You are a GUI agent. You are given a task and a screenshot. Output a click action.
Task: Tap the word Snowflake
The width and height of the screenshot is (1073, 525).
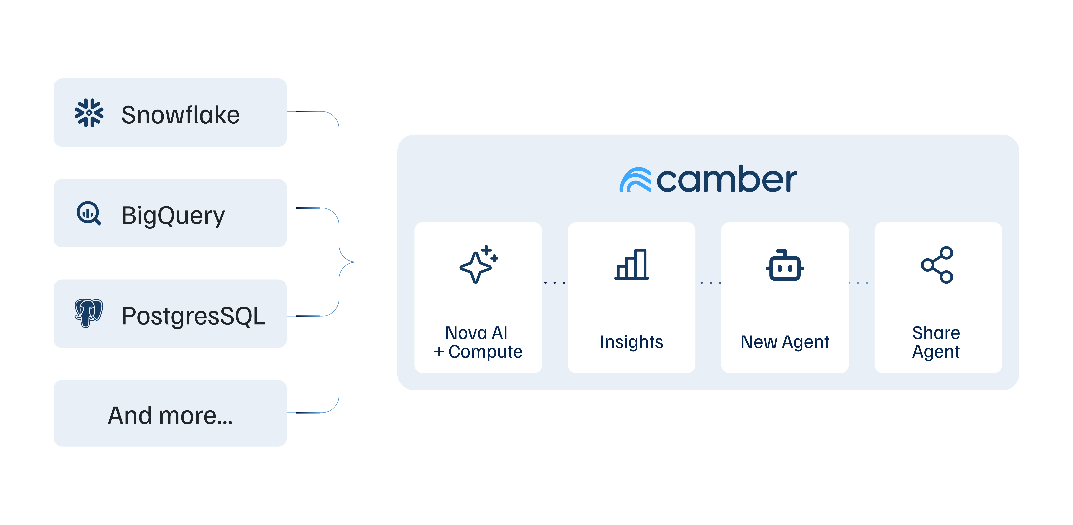tap(180, 115)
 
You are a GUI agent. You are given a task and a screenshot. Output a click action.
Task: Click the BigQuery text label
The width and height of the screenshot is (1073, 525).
tap(173, 216)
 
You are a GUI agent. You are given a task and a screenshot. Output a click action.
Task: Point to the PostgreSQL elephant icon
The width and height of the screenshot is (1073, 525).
tap(88, 313)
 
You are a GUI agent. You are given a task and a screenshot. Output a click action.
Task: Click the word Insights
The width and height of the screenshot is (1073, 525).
tap(631, 342)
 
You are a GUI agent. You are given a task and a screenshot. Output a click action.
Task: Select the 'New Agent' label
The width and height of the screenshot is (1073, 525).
tap(785, 342)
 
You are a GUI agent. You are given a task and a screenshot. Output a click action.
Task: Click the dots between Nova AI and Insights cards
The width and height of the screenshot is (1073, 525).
tap(555, 283)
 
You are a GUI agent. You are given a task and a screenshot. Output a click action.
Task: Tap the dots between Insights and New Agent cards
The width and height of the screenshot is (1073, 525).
tap(711, 283)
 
